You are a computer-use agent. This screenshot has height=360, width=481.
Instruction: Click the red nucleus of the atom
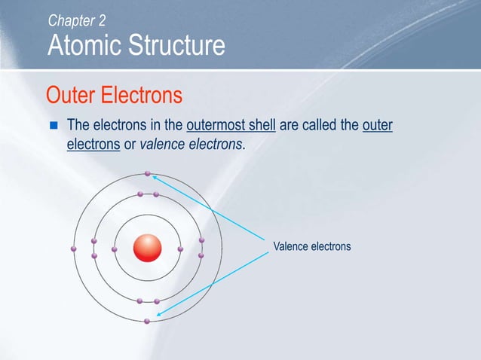(x=148, y=248)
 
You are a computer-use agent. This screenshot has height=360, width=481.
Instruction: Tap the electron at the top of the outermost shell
(x=148, y=174)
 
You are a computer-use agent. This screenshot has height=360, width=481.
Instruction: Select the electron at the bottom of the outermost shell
(x=147, y=322)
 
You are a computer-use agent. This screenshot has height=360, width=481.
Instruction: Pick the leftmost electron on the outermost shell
(x=73, y=249)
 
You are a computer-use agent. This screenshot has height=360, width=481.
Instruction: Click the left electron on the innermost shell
(x=115, y=249)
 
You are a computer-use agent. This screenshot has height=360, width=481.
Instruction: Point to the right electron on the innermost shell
(x=180, y=249)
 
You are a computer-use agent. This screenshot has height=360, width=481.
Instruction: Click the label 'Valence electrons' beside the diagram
(x=311, y=246)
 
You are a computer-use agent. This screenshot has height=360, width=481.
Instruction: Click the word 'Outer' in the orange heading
(x=71, y=96)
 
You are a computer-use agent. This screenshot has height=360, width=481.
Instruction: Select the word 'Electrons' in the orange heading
(x=142, y=96)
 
